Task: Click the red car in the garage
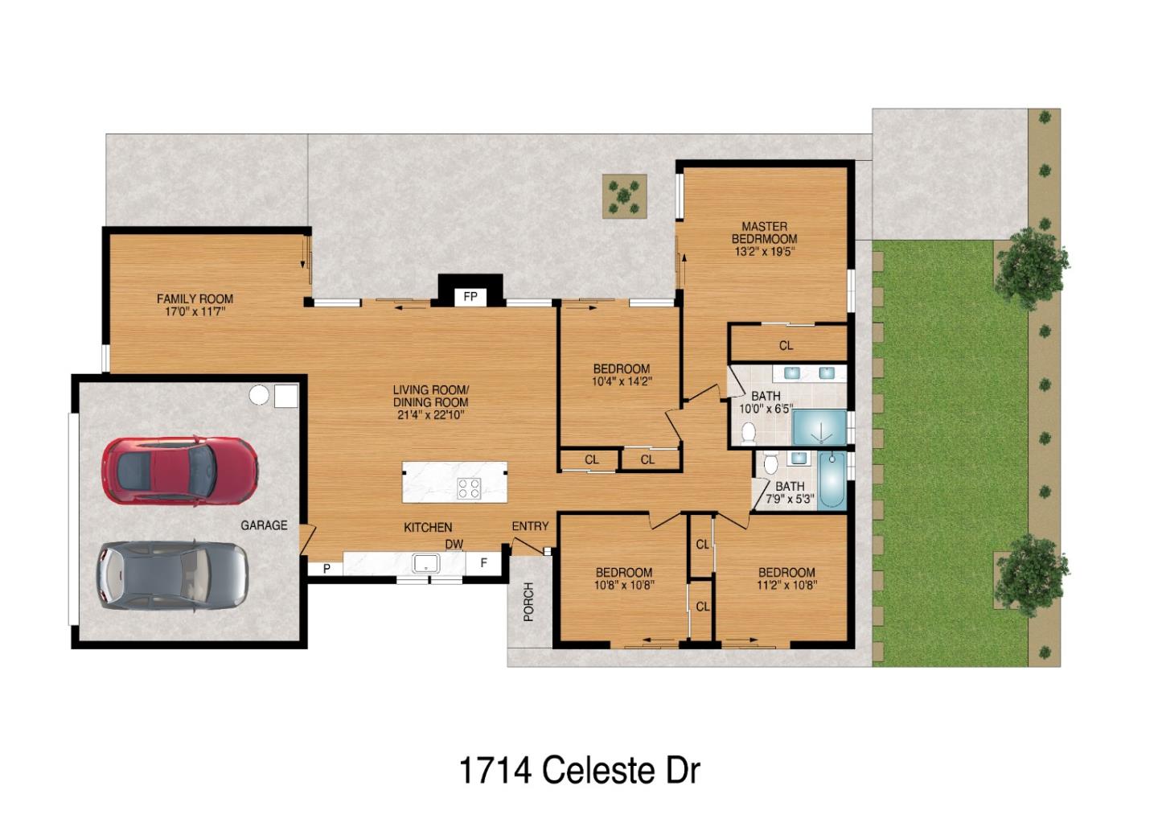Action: tap(179, 470)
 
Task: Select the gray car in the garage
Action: tap(171, 574)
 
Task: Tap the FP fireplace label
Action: tap(470, 297)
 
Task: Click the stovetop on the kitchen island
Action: tap(469, 488)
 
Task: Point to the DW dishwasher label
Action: tap(454, 545)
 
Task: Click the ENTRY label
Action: tap(530, 526)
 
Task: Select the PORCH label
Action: tap(528, 602)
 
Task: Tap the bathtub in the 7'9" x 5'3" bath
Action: tap(832, 480)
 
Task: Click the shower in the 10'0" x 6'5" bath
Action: tap(819, 427)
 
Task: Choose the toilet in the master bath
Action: tap(749, 434)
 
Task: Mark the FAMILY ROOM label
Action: tap(195, 298)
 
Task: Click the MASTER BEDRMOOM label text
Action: tap(764, 233)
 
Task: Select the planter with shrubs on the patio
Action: tap(625, 195)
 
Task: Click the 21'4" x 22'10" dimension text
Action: tap(430, 414)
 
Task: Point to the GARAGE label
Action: tap(264, 525)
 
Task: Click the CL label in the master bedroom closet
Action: tap(786, 345)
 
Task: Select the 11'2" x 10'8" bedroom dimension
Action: tap(786, 586)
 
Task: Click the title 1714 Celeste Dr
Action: tap(579, 770)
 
